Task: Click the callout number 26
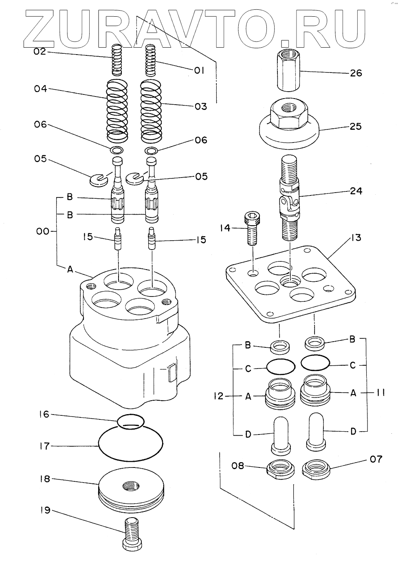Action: [356, 73]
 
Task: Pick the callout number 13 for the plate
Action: [356, 237]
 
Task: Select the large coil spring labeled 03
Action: [151, 109]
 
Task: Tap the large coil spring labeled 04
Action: [117, 109]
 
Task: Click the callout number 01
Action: [199, 70]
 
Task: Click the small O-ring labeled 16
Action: [130, 421]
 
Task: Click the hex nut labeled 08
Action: [280, 470]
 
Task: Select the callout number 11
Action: [380, 393]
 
